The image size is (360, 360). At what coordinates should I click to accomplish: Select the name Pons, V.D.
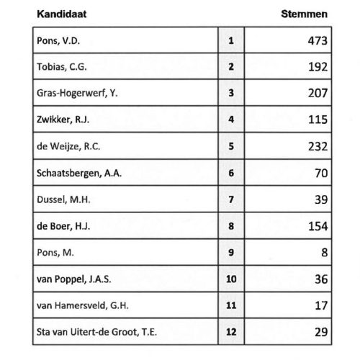click(58, 40)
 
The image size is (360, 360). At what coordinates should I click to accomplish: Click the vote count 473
click(315, 40)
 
